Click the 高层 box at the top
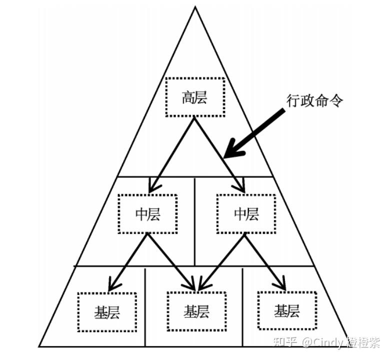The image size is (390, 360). click(194, 97)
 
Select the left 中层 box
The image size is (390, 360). click(148, 214)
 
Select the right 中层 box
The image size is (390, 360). click(246, 214)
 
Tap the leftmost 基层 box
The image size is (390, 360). click(107, 311)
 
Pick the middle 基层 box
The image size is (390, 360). click(196, 311)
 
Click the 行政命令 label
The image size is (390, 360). click(314, 99)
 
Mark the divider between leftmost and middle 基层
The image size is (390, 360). click(145, 306)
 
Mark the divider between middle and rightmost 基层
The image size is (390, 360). click(242, 306)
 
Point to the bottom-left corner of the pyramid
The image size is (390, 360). click(39, 346)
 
